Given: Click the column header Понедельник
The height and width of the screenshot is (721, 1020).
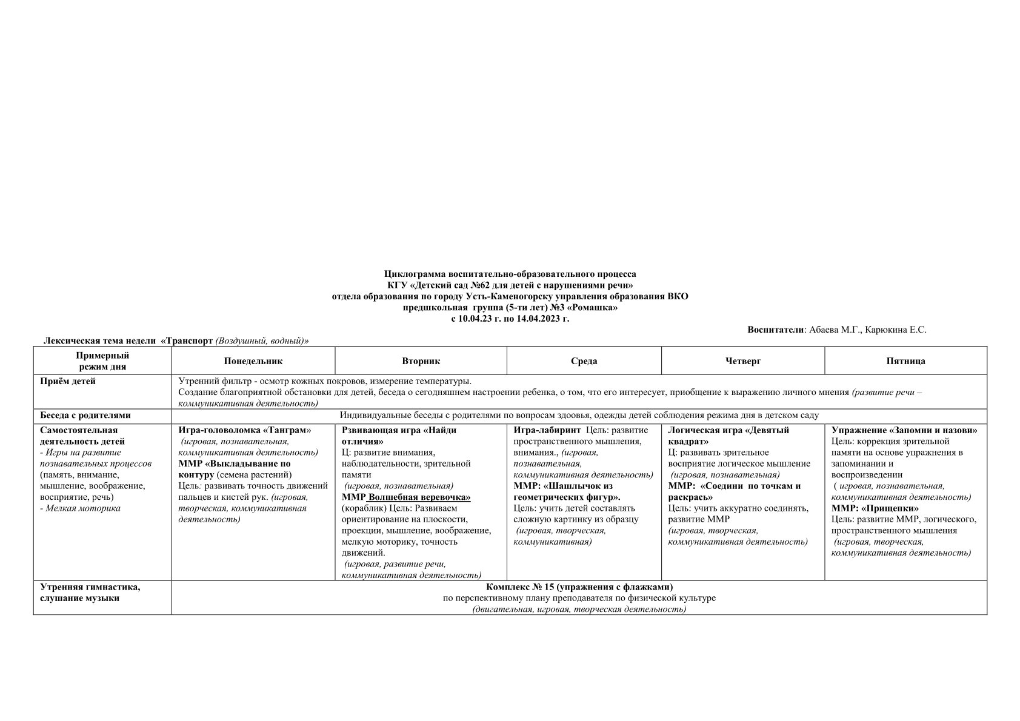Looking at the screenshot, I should [x=253, y=361].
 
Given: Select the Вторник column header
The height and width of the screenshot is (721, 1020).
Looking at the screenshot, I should [x=421, y=361].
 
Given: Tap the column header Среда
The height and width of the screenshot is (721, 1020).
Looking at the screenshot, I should [x=584, y=361].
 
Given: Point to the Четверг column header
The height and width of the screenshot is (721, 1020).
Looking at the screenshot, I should [x=742, y=361].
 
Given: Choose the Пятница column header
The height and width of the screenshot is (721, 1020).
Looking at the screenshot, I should [x=905, y=361].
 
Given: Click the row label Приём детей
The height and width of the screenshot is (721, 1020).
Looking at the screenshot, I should [x=68, y=381].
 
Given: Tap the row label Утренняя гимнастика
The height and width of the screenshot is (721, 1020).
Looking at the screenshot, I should [x=90, y=587].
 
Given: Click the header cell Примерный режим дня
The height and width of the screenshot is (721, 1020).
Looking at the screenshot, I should [x=102, y=361].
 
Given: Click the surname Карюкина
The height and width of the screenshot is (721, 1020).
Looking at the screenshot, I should [x=887, y=330].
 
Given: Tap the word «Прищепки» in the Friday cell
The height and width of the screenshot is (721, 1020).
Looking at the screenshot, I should [x=892, y=508].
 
